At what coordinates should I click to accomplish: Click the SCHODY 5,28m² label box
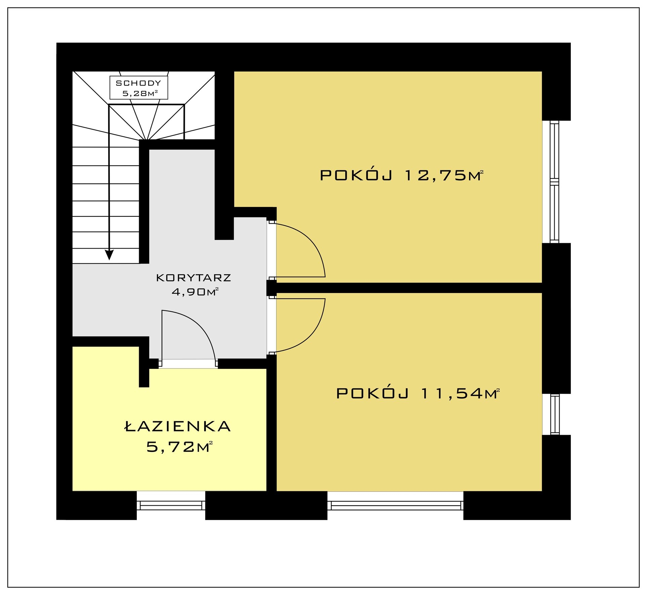point(139,88)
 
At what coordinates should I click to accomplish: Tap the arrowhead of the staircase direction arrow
point(109,255)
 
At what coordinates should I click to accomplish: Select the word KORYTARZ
point(194,278)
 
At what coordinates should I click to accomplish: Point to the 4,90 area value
point(189,292)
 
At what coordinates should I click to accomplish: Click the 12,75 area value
point(436,176)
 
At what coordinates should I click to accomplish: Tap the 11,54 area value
point(452,393)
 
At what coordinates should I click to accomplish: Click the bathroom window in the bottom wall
point(171,506)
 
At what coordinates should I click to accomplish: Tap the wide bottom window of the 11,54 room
point(395,506)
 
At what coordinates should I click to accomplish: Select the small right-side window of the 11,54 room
point(555,414)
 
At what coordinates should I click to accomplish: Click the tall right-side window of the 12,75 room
point(555,182)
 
